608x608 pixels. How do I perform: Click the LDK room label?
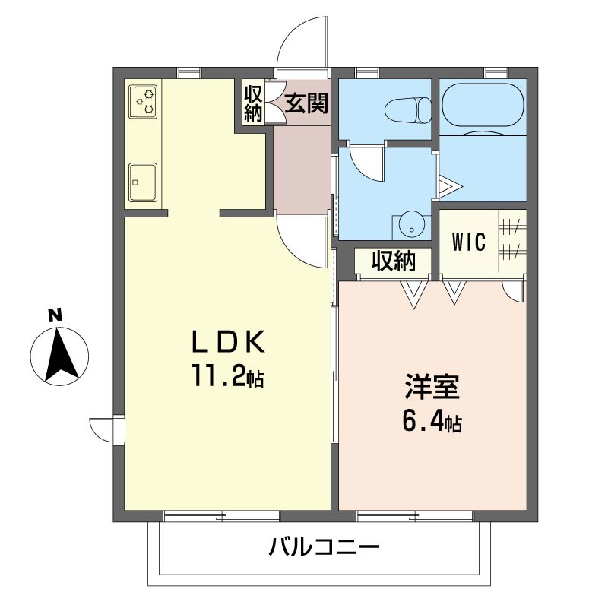click(229, 341)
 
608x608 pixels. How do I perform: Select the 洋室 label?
click(432, 387)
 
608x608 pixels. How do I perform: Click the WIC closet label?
click(468, 242)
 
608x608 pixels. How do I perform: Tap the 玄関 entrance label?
click(306, 103)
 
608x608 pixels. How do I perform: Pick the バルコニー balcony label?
click(325, 547)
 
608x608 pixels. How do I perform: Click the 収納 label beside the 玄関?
click(253, 103)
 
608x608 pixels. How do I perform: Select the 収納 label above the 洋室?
click(394, 260)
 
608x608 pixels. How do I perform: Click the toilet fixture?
click(408, 110)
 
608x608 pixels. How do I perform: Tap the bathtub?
click(483, 105)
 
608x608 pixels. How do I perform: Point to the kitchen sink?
click(143, 182)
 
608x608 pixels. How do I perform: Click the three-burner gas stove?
click(144, 102)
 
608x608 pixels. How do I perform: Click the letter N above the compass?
click(55, 315)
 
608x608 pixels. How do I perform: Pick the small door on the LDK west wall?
click(102, 429)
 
